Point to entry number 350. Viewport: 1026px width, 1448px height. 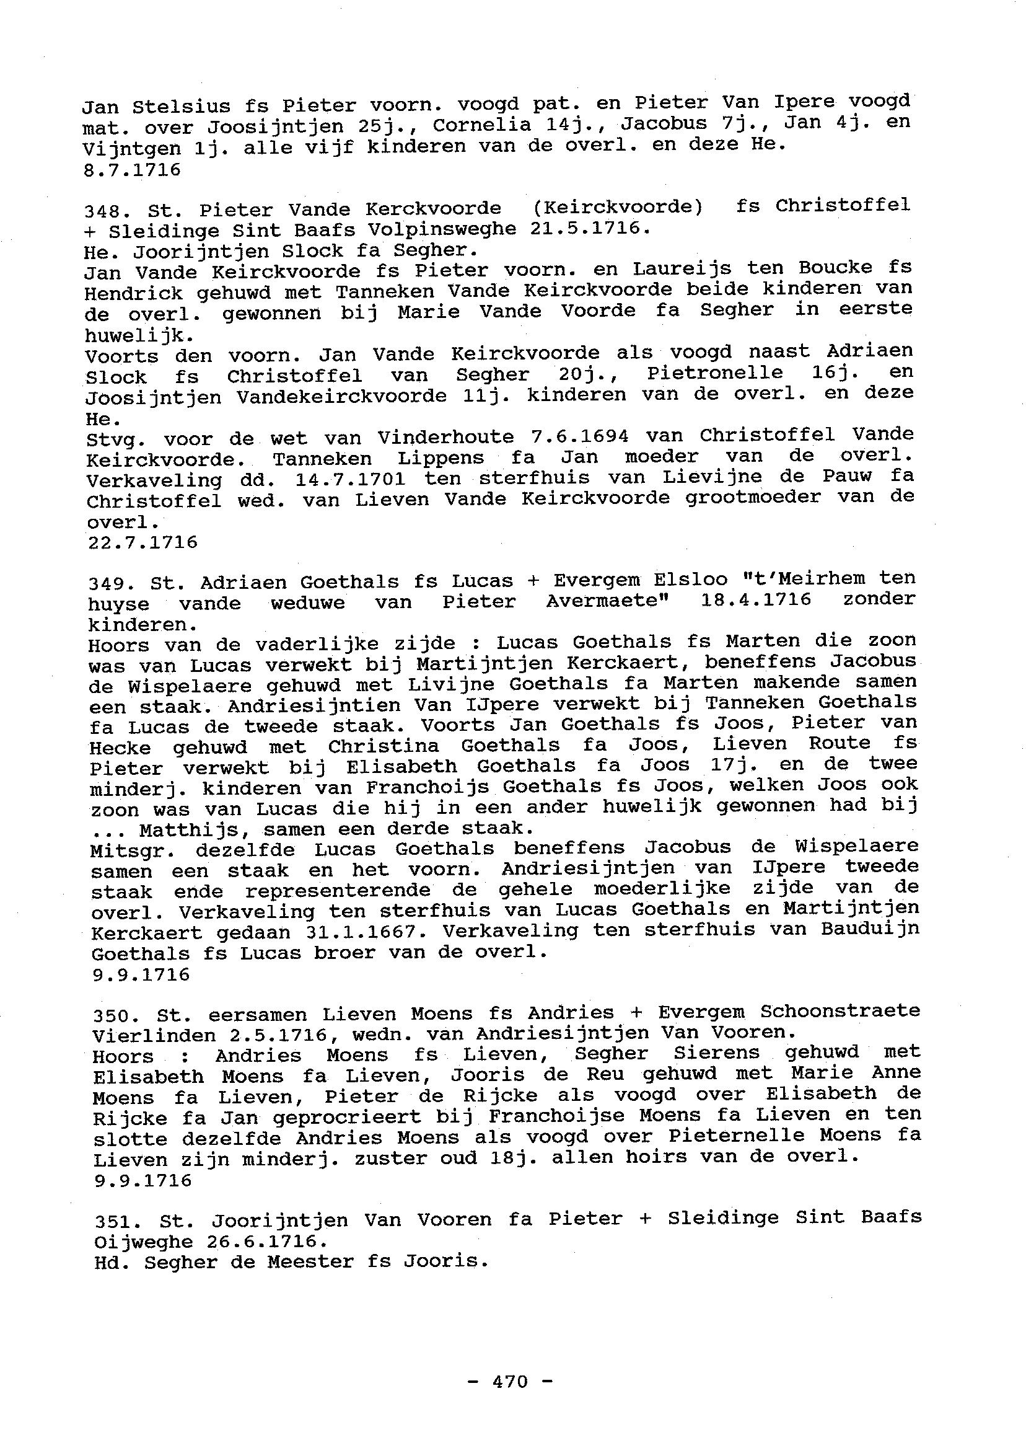111,1016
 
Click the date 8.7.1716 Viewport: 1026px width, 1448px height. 132,170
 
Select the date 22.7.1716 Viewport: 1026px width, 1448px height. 142,542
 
